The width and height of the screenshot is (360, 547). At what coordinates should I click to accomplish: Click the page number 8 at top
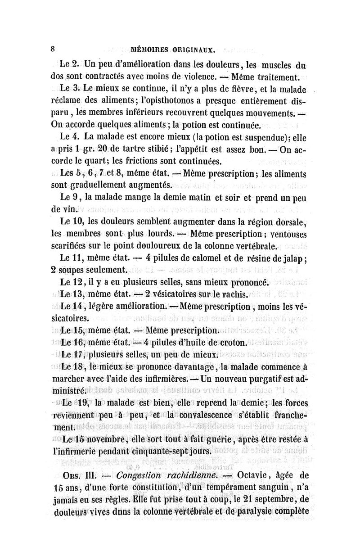pyautogui.click(x=53, y=49)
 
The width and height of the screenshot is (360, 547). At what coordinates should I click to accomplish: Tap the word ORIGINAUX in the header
pyautogui.click(x=198, y=49)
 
